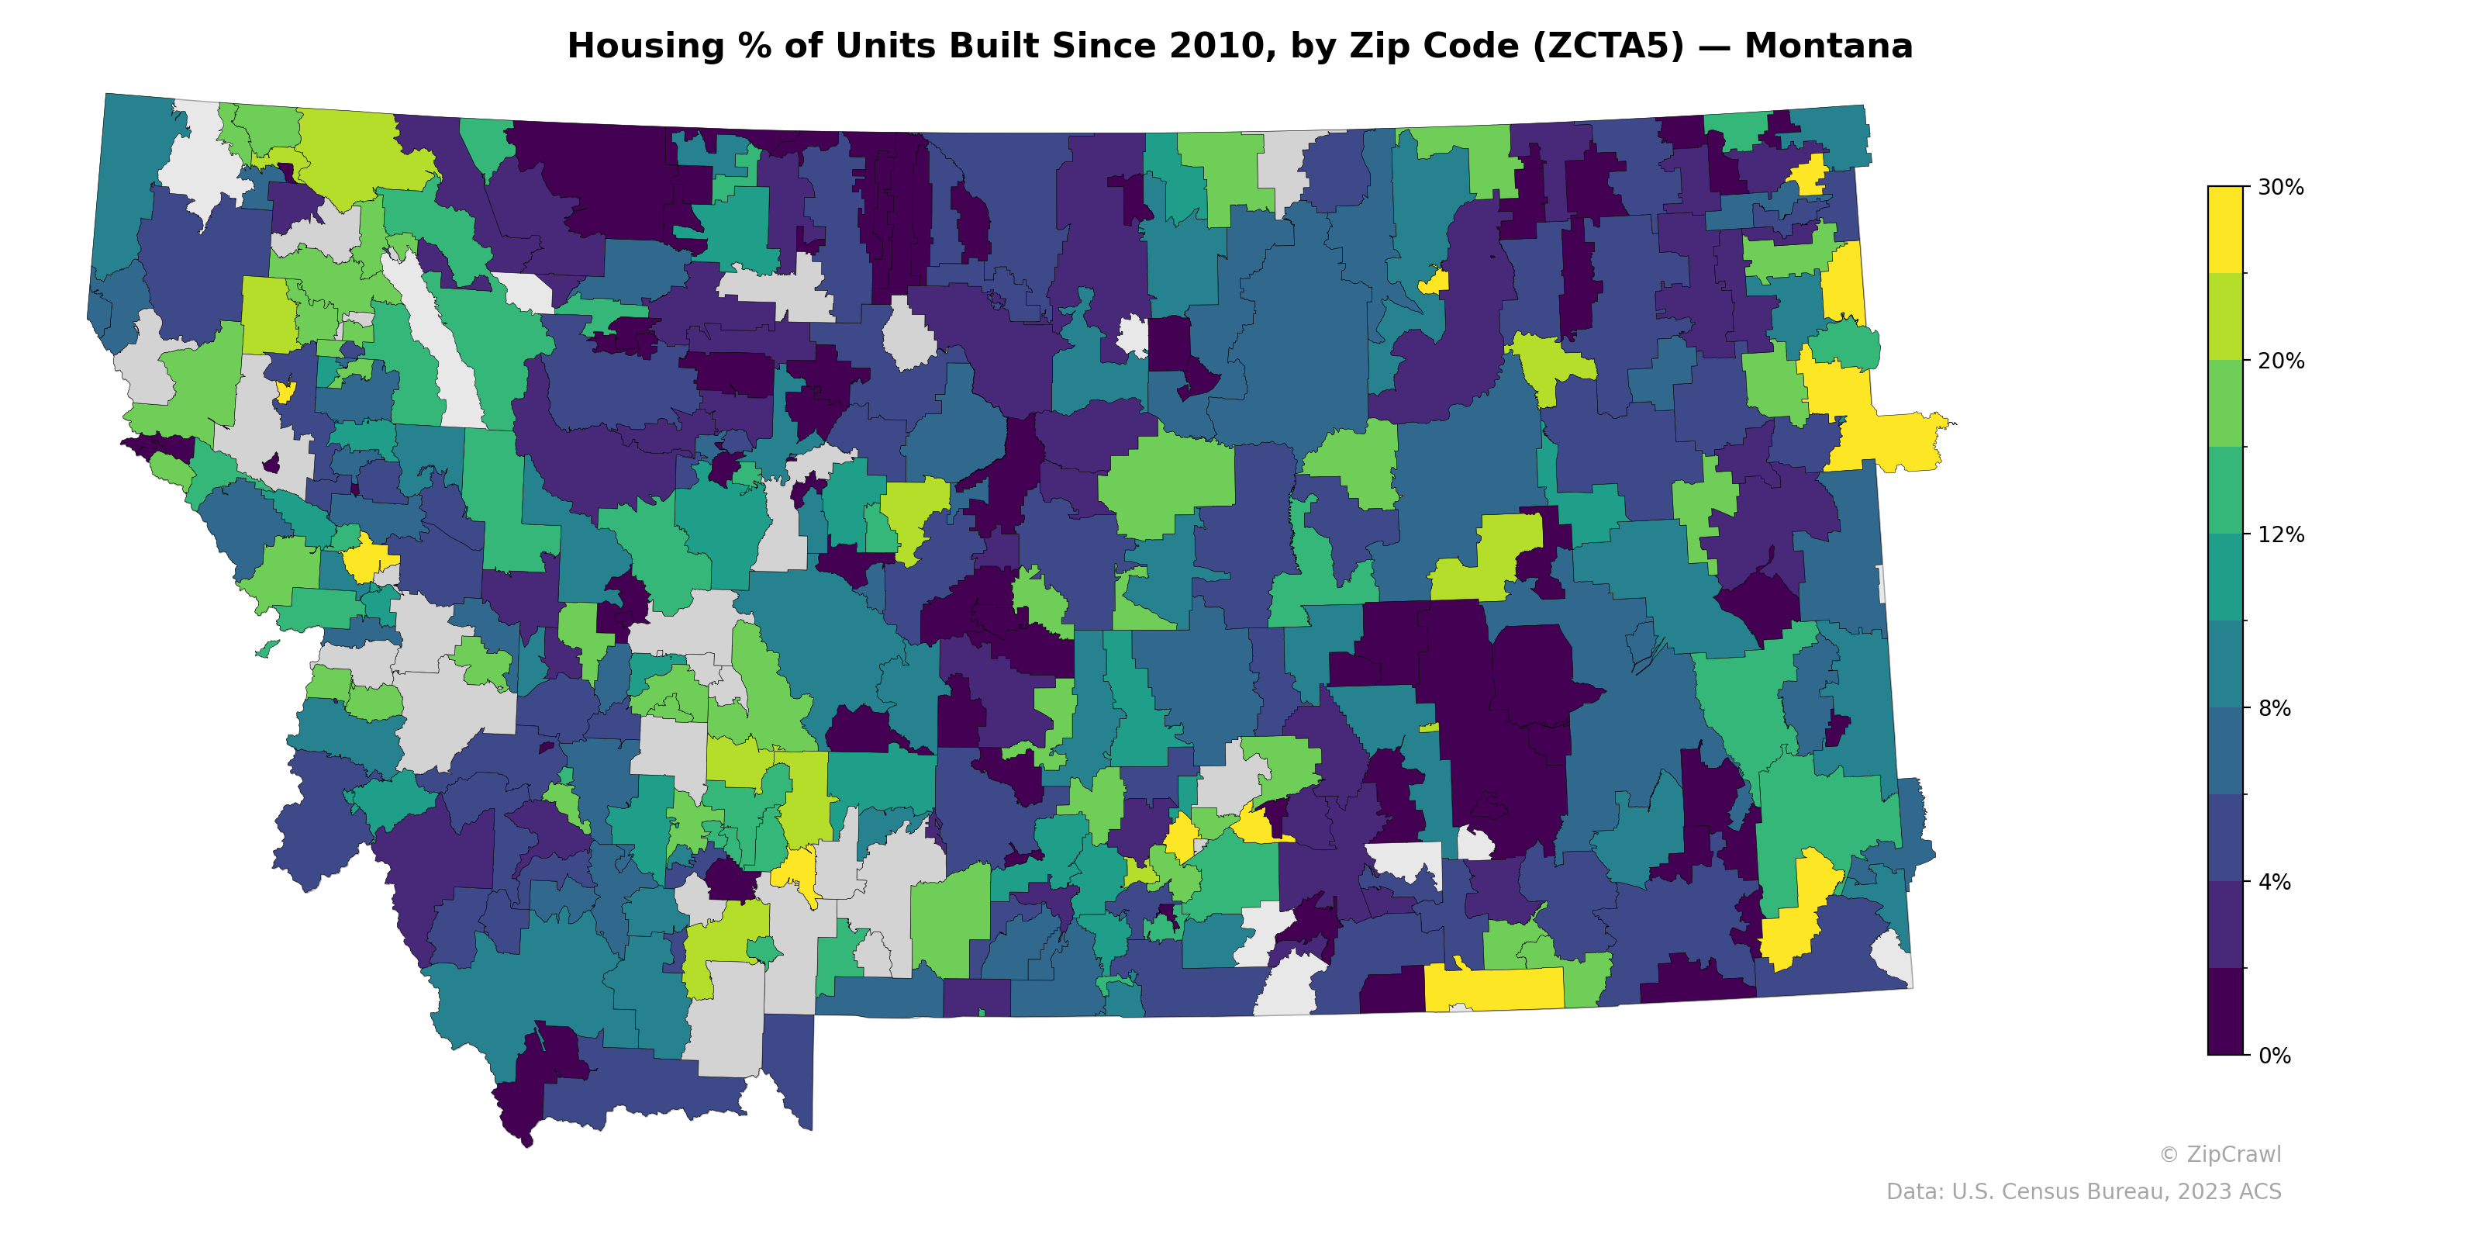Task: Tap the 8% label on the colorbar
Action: tap(2274, 708)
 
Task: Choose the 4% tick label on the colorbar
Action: tap(2274, 882)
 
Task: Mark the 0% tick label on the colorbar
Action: tap(2274, 1056)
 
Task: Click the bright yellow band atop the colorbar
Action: tap(2225, 230)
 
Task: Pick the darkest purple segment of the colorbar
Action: tap(2225, 1011)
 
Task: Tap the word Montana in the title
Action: tap(1828, 47)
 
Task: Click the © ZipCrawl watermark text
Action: tap(2220, 1154)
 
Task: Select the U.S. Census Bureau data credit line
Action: tap(2083, 1192)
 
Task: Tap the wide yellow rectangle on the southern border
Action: tap(1492, 987)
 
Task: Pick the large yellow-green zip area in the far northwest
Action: tap(357, 154)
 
